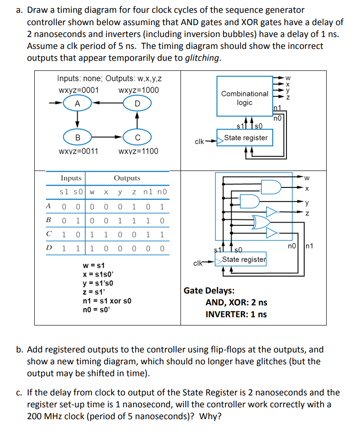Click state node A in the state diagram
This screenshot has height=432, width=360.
(77, 103)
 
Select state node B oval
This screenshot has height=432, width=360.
(77, 137)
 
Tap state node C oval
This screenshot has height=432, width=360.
(137, 137)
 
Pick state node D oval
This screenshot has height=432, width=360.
(137, 103)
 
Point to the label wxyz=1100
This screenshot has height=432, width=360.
(138, 151)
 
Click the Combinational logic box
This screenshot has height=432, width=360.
(244, 98)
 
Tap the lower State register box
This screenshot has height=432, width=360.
(244, 260)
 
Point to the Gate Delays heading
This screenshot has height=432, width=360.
(209, 290)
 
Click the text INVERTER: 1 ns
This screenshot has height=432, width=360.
(236, 314)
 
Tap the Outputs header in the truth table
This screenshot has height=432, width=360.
(127, 178)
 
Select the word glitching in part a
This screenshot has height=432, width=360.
(202, 58)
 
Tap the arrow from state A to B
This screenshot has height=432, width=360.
(77, 119)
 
